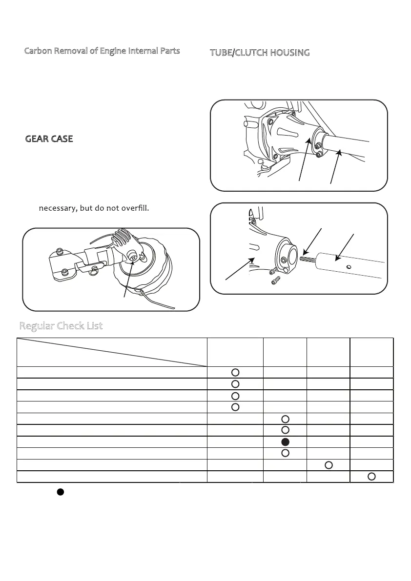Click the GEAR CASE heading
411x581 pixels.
(x=49, y=139)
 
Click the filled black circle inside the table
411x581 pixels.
(x=286, y=442)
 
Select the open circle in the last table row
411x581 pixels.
(x=371, y=476)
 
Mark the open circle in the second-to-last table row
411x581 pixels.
(x=329, y=464)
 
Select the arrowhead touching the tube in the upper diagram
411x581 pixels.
(x=338, y=154)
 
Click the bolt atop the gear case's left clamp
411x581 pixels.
(x=60, y=251)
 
